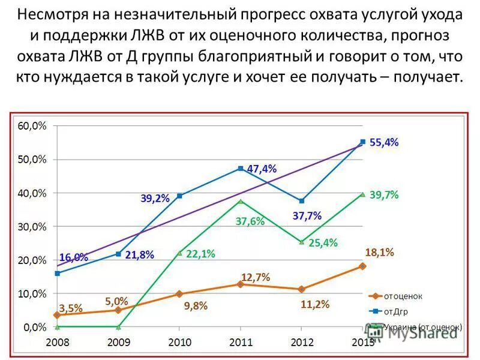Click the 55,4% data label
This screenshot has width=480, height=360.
click(384, 143)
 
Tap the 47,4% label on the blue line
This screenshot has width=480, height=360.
click(262, 169)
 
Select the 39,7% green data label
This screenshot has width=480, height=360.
click(384, 195)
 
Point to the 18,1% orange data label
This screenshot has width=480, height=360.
click(379, 253)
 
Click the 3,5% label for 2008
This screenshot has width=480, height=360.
click(71, 308)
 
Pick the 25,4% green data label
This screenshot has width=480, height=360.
click(323, 243)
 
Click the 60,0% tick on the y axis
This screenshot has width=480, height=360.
click(31, 126)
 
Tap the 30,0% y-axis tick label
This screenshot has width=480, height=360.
click(31, 227)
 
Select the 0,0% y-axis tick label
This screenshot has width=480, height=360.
click(34, 328)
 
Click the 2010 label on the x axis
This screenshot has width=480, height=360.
click(179, 342)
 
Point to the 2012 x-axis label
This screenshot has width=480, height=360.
click(301, 342)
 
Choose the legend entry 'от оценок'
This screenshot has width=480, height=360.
click(403, 296)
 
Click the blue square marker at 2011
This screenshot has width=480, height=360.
click(241, 169)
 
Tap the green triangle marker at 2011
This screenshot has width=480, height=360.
click(241, 201)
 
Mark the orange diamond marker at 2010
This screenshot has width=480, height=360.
click(179, 294)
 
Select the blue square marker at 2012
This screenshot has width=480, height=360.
click(301, 201)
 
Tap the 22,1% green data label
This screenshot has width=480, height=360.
click(200, 254)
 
